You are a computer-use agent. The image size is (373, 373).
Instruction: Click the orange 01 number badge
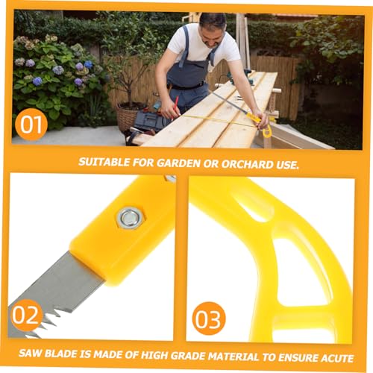point(31,125)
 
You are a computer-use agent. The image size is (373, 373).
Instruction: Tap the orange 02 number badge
point(25,316)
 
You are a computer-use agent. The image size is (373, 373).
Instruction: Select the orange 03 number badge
point(208,319)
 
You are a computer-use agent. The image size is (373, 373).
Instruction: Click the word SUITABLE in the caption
point(104,162)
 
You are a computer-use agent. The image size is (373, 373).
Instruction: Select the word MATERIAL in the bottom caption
point(233,357)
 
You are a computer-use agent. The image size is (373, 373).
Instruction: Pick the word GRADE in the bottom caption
point(188,356)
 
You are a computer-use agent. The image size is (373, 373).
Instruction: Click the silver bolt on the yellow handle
point(130,218)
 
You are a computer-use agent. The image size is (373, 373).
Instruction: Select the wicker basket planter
point(128,116)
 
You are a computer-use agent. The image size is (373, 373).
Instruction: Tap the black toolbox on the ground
point(148,121)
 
